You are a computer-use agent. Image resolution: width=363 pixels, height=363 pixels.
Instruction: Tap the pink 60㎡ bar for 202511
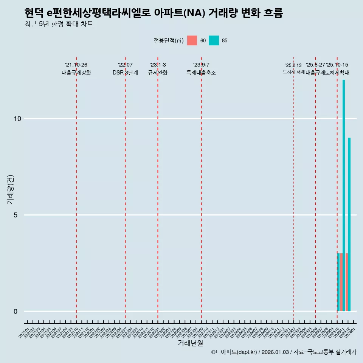coord(341,282)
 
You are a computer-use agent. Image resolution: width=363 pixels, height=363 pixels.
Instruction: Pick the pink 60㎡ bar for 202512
coord(347,282)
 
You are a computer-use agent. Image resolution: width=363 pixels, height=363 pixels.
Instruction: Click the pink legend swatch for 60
coord(192,40)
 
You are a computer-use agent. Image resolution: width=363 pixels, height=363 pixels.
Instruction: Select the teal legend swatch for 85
coord(214,40)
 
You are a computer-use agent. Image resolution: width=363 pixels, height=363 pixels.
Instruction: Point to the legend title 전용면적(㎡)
coord(169,40)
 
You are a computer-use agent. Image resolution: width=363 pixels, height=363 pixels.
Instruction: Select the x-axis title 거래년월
coord(190,343)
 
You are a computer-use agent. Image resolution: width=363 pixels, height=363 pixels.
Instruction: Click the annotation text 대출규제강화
coord(76,73)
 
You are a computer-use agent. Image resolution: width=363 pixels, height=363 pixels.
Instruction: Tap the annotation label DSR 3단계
coord(125,73)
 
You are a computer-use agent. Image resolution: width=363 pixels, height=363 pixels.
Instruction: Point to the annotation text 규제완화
coord(158,73)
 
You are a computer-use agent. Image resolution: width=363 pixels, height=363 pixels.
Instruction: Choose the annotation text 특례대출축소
coord(201,73)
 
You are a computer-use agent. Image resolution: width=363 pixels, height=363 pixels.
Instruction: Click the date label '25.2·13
coord(293,65)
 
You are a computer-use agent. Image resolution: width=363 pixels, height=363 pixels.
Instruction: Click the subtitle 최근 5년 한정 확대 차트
coord(58,24)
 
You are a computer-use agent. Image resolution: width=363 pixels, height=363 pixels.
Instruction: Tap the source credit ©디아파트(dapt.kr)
coord(234,352)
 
